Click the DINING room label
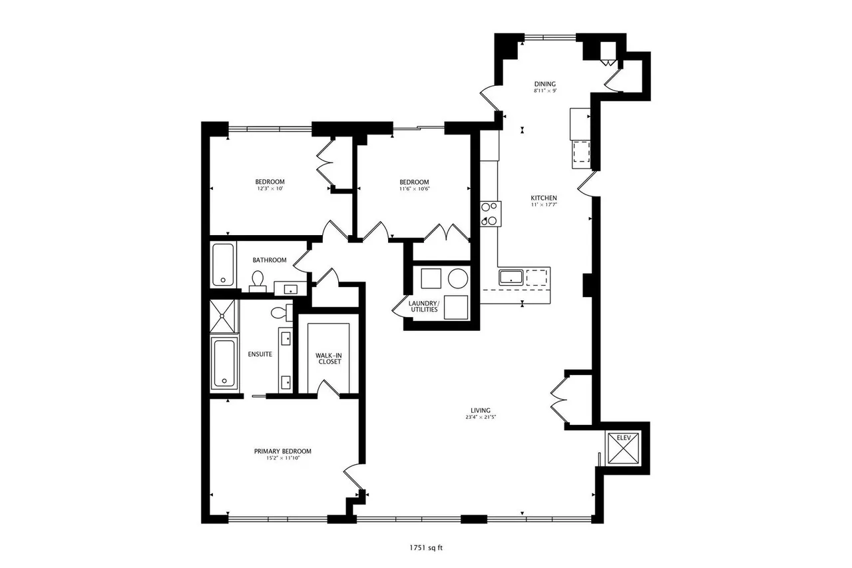(544, 84)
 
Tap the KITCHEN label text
(543, 198)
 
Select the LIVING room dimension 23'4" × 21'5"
(481, 418)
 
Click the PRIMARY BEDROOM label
(282, 451)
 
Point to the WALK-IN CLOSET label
(328, 358)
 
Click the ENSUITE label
(260, 354)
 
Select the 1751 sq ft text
(427, 549)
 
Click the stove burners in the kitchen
(490, 214)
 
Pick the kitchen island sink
(511, 277)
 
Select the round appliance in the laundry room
(457, 277)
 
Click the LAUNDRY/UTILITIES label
(424, 306)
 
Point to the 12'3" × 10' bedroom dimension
(270, 189)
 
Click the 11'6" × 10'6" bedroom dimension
(414, 189)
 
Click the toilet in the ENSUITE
(280, 312)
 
